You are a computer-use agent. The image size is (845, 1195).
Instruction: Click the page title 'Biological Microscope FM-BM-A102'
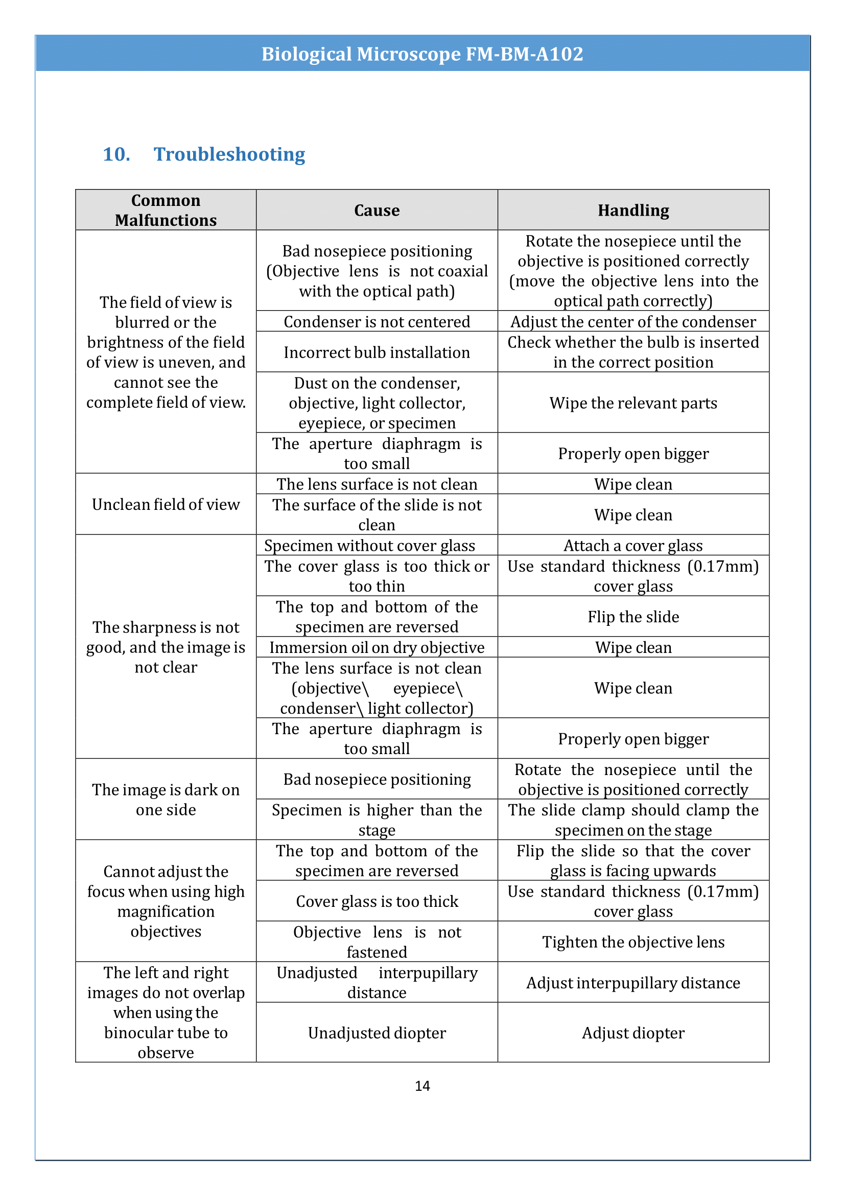tap(422, 54)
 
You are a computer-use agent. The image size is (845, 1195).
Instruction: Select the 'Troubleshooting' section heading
tap(229, 154)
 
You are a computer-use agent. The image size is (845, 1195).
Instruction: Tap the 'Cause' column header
tap(377, 210)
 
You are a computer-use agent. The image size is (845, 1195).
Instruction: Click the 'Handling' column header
tap(632, 210)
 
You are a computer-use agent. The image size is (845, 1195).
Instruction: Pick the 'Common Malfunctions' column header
tap(166, 210)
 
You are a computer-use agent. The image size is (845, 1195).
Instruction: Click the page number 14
tap(422, 1086)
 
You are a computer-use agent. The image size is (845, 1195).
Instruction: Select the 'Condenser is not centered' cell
tap(377, 322)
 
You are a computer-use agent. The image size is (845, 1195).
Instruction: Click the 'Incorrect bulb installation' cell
tap(377, 353)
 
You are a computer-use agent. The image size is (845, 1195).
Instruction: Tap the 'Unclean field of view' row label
tap(166, 504)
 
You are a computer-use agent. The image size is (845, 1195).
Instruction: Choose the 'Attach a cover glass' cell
tap(632, 546)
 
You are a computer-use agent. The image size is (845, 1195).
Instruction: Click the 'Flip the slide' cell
tap(632, 617)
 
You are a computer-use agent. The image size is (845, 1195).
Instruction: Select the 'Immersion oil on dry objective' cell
tap(377, 647)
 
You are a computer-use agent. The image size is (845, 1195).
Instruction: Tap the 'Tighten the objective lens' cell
tap(632, 942)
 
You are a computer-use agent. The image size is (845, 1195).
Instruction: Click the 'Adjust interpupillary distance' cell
tap(632, 982)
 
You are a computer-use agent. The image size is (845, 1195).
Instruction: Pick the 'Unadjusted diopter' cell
tap(377, 1033)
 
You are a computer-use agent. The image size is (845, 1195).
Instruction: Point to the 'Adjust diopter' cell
tap(632, 1033)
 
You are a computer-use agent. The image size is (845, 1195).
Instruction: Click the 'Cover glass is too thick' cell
tap(377, 901)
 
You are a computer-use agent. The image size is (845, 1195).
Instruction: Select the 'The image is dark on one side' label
tap(166, 800)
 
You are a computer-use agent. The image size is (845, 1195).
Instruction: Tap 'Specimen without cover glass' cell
tap(369, 546)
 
